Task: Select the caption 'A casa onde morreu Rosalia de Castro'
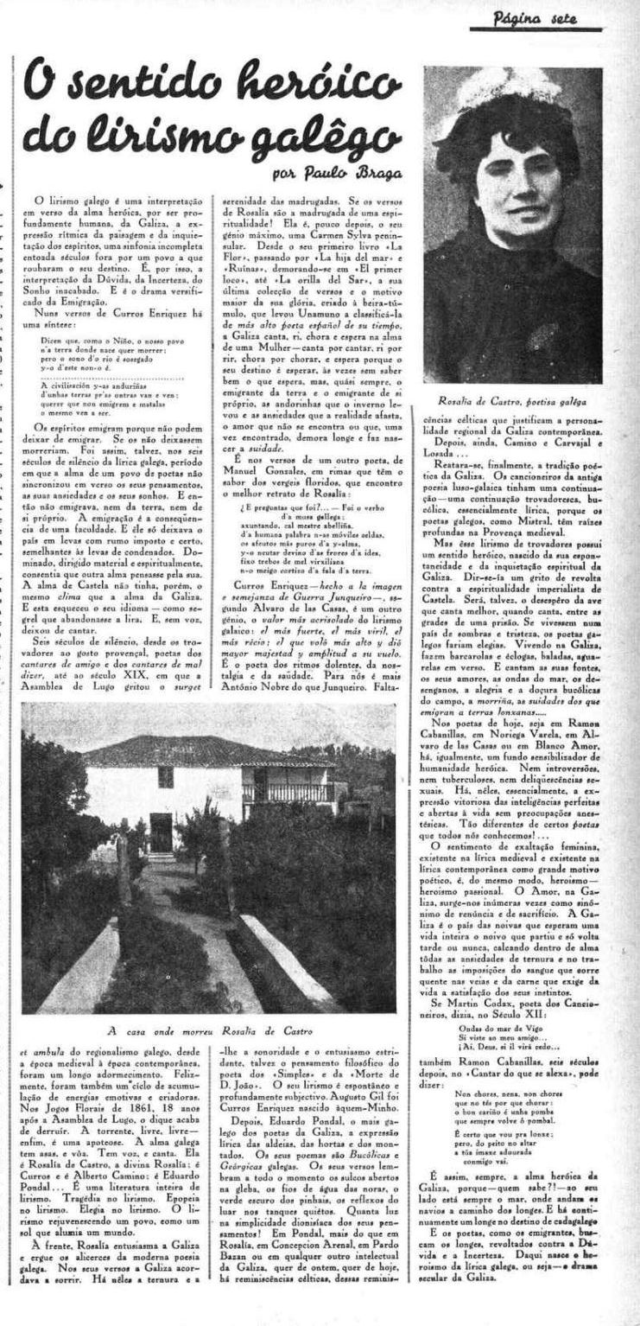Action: (209, 1030)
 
